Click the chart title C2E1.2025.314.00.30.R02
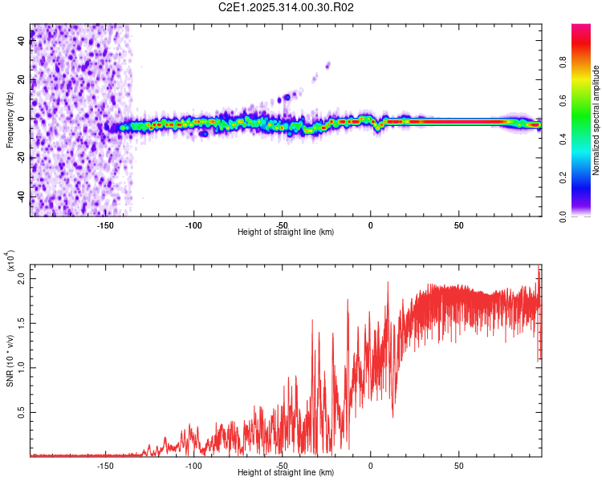(287, 8)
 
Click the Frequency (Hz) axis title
(10, 119)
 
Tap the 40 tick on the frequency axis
(22, 41)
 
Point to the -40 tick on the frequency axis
(22, 197)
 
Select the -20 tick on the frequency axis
(22, 158)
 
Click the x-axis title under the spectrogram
(286, 232)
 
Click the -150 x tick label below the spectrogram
(105, 225)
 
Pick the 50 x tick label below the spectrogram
(458, 225)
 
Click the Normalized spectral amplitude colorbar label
(596, 120)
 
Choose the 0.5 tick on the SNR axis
(22, 412)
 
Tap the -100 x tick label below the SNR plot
(193, 466)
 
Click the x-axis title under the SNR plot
(286, 473)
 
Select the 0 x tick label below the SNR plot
(370, 466)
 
